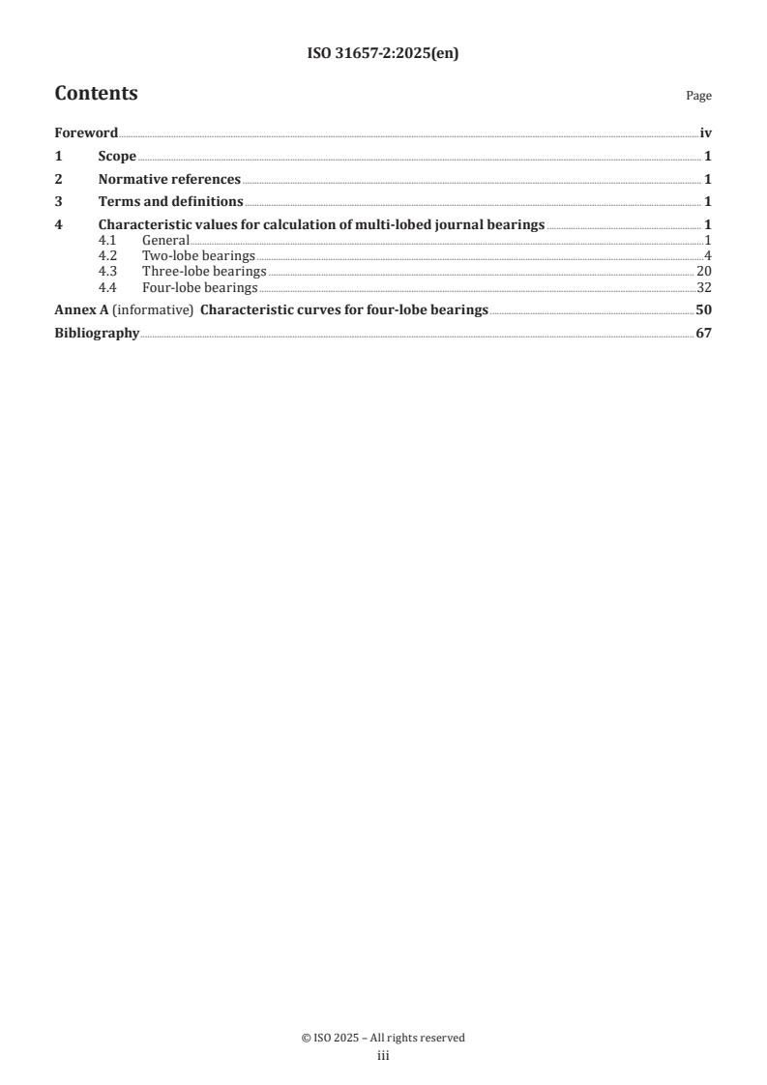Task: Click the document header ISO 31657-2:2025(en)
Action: tap(383, 54)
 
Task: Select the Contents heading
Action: tap(96, 94)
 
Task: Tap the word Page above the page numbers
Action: tap(698, 96)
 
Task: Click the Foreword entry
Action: tap(86, 133)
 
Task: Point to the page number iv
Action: tap(705, 133)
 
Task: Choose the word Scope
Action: tap(117, 157)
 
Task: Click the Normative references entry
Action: tap(169, 179)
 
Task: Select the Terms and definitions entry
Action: tap(170, 202)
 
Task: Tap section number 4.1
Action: tap(107, 240)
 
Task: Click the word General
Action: tap(165, 240)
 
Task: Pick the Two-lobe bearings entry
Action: tap(198, 255)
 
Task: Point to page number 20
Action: tap(704, 272)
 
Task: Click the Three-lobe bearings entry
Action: tap(204, 272)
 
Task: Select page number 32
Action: tap(704, 288)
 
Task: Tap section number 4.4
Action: tap(107, 288)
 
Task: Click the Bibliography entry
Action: tap(97, 334)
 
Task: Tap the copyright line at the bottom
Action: tap(383, 1038)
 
